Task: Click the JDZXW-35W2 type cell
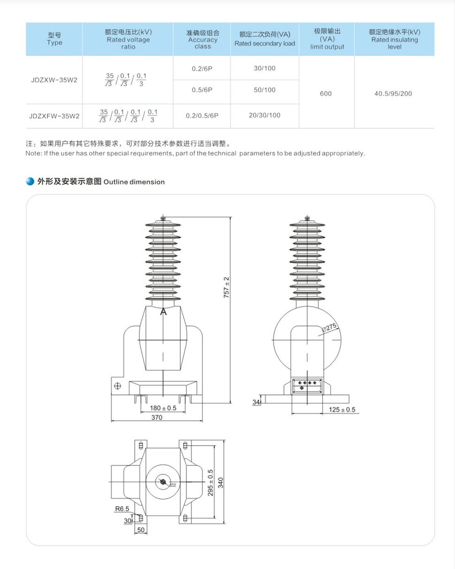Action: [54, 80]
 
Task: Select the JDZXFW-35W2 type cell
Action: [54, 116]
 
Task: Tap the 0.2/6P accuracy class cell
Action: [202, 69]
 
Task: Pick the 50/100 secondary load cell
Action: [265, 90]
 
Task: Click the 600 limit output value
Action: [326, 93]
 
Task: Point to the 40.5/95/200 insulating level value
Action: [393, 93]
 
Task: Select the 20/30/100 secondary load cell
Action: [265, 115]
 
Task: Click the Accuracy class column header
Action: [203, 39]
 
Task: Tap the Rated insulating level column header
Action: [395, 39]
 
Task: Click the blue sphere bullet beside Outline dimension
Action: [30, 181]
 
